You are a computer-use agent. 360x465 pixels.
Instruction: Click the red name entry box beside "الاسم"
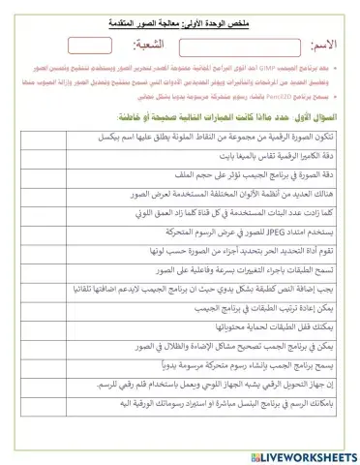tap(236, 45)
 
